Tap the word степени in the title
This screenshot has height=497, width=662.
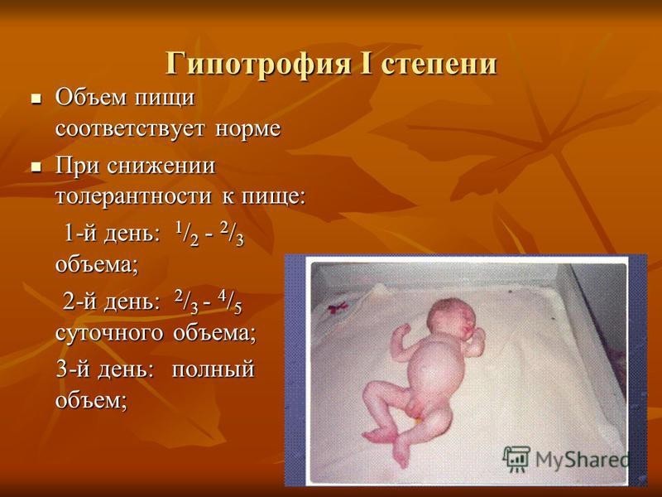[441, 63]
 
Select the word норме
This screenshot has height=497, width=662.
[248, 129]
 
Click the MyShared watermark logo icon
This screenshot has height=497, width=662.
[516, 457]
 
